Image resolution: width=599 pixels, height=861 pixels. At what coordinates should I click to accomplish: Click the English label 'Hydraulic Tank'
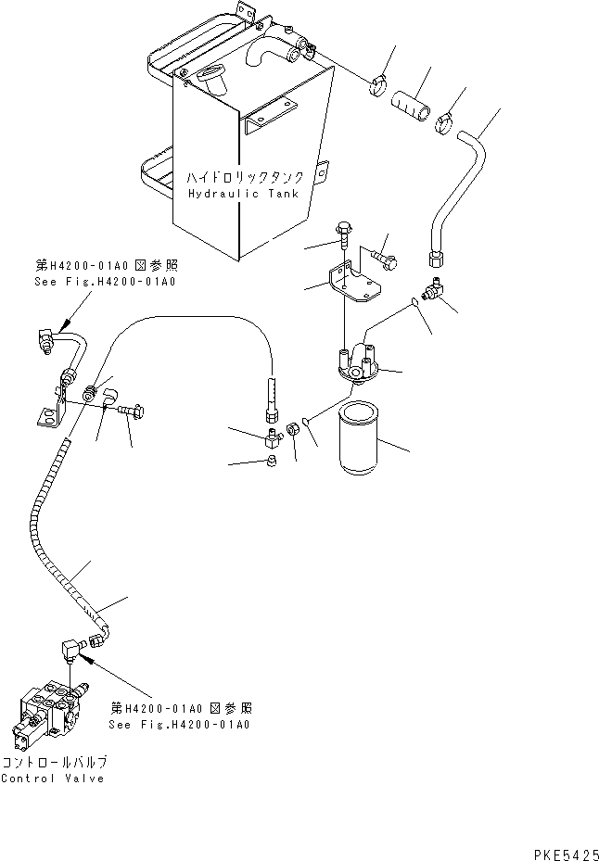(x=244, y=194)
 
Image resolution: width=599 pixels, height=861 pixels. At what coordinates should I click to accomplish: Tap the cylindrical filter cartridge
(x=358, y=438)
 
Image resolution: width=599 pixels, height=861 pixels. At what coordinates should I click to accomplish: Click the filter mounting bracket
(x=354, y=283)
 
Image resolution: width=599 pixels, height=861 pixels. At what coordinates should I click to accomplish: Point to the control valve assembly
(x=48, y=714)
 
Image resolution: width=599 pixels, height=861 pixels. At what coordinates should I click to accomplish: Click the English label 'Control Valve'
(x=53, y=779)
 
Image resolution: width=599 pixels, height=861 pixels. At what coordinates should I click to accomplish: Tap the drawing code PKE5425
(x=566, y=855)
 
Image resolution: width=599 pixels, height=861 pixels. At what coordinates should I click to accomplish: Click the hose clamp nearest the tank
(x=378, y=85)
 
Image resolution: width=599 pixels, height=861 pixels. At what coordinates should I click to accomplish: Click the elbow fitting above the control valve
(x=71, y=648)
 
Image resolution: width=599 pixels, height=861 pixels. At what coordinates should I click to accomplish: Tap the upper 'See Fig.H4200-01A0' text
(x=105, y=282)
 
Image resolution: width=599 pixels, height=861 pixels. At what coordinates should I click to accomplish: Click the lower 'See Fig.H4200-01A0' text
(x=179, y=724)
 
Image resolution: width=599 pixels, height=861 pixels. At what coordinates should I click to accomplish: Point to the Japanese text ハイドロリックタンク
(x=245, y=177)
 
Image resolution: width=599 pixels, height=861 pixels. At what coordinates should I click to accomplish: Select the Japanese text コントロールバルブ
(x=54, y=762)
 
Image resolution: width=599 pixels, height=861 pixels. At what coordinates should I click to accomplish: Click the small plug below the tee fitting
(x=271, y=462)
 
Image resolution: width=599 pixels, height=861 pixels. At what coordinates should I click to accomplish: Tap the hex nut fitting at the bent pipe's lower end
(x=435, y=258)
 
